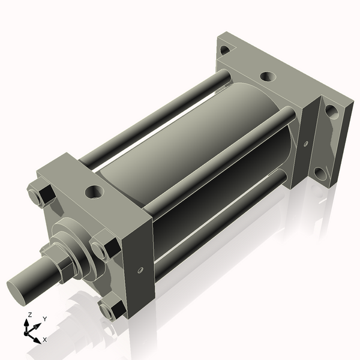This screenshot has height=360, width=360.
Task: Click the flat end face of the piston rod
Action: pos(20,287)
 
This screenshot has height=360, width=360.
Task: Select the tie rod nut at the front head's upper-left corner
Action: pos(40,196)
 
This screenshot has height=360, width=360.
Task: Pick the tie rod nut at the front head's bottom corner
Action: pos(110,310)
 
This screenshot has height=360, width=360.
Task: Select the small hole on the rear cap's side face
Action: pos(305,144)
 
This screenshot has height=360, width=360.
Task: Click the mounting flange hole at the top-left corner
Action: pos(224,50)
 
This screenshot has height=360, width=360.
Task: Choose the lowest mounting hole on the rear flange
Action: pos(322,175)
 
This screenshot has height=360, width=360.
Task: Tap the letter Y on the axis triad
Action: pos(44,319)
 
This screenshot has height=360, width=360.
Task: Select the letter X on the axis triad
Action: pos(45,340)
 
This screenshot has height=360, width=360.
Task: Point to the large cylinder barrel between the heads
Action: pos(198,150)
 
